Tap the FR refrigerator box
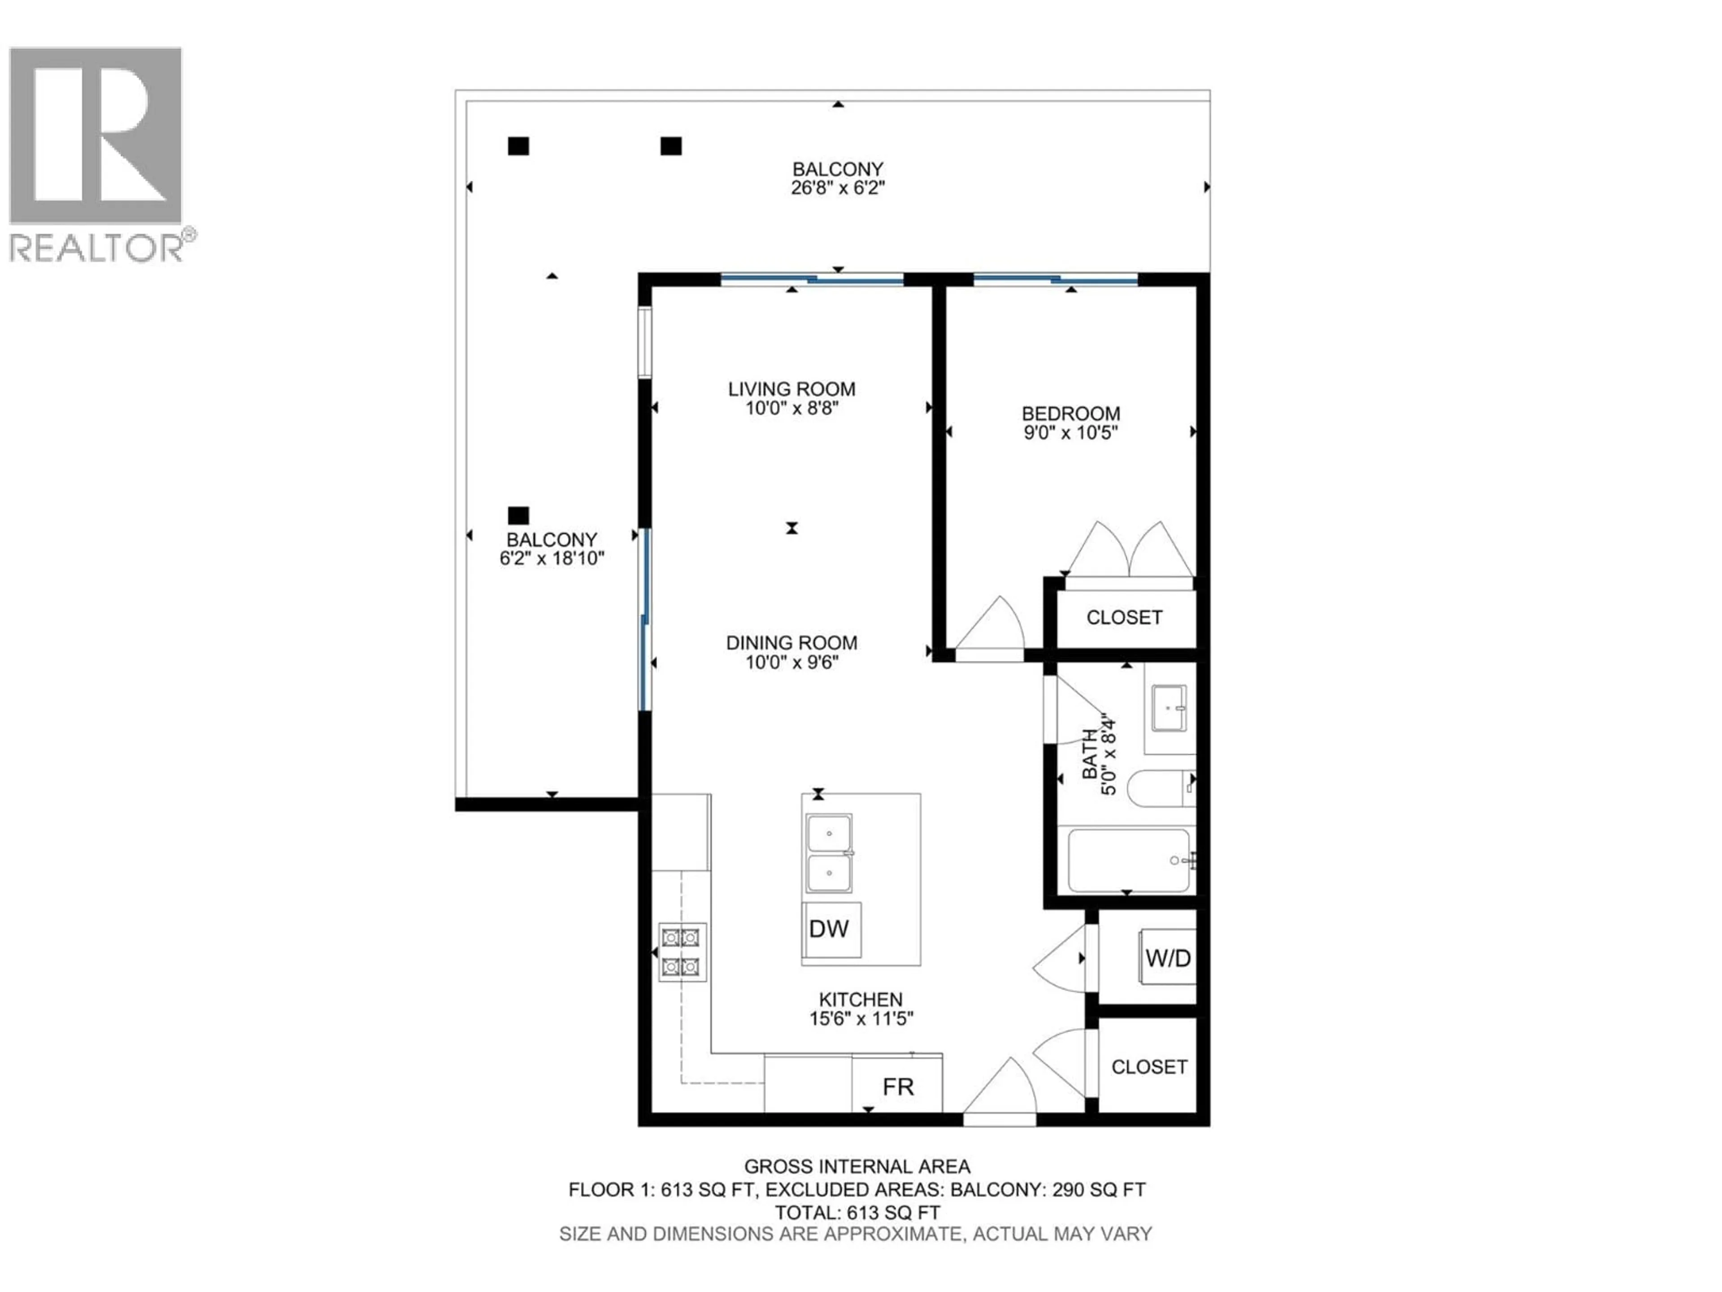pos(898,1087)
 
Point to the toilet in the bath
pos(1160,788)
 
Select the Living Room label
pos(791,388)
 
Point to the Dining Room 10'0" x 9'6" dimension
pos(791,663)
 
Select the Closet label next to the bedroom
pos(1124,618)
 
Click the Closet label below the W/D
pos(1149,1067)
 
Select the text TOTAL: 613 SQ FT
pos(857,1213)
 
